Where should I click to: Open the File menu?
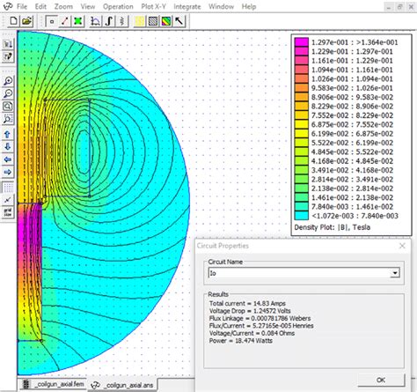pyautogui.click(x=22, y=6)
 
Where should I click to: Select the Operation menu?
pyautogui.click(x=118, y=6)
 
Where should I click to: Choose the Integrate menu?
pyautogui.click(x=187, y=6)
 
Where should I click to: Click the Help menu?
pyautogui.click(x=249, y=6)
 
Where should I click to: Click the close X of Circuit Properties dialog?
pyautogui.click(x=400, y=248)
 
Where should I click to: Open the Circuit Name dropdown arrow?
pyautogui.click(x=394, y=274)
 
